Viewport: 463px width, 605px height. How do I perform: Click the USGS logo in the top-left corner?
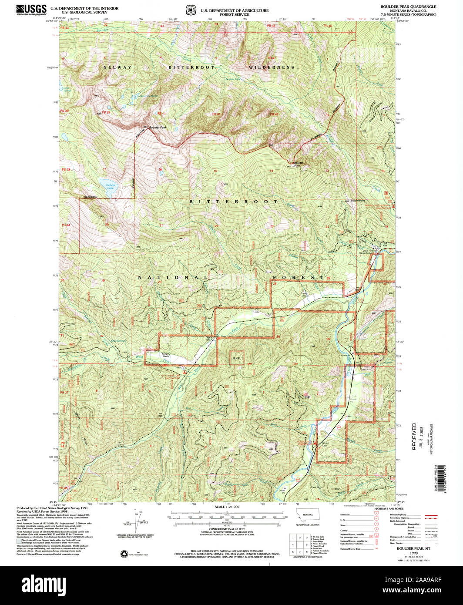coord(31,10)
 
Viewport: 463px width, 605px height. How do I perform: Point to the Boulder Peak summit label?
coord(158,128)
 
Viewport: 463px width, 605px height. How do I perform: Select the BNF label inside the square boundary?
coord(236,358)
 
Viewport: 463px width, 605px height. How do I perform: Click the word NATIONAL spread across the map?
coord(173,277)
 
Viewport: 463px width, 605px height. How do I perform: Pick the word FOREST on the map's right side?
coord(299,277)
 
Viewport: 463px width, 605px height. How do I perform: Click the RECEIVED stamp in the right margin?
coord(414,436)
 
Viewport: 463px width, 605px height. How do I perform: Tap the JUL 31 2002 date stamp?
coord(420,436)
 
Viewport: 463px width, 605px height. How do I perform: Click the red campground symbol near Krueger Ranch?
coord(185,373)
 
